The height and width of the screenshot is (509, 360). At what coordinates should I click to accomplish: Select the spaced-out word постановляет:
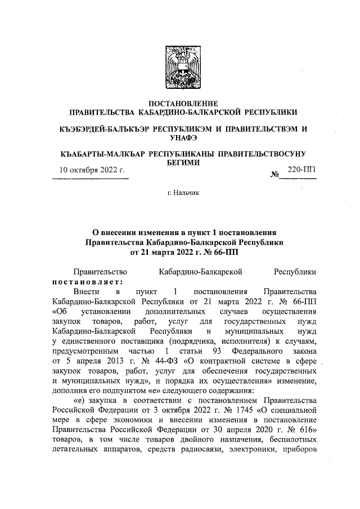[87, 282]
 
